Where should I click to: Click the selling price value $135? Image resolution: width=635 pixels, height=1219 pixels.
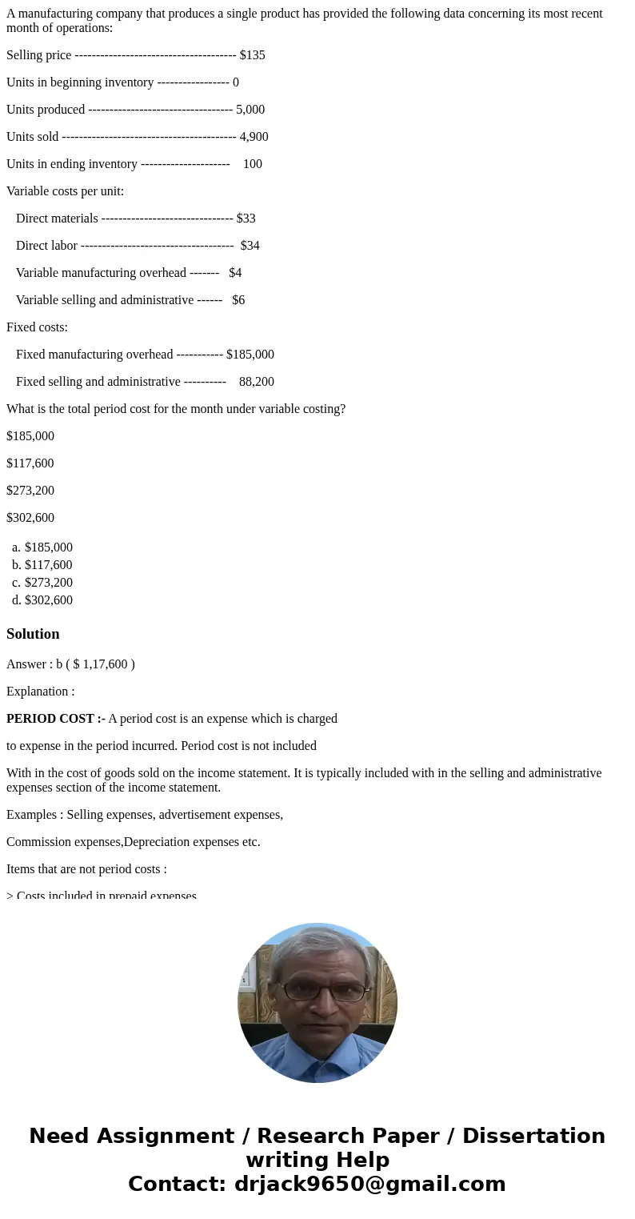point(252,55)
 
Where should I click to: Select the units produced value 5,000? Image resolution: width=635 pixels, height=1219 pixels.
point(250,110)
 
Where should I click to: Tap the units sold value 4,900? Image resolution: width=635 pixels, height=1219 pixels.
point(254,137)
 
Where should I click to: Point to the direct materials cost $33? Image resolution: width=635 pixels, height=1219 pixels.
point(246,219)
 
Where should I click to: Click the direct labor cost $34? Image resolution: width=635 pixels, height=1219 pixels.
point(250,246)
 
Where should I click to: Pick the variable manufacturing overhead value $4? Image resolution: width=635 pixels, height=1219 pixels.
point(235,273)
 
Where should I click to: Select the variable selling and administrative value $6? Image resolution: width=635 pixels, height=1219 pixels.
point(238,300)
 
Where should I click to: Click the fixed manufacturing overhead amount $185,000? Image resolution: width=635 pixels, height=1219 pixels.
point(250,355)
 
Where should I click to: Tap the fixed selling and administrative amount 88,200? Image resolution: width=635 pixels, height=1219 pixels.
point(256,382)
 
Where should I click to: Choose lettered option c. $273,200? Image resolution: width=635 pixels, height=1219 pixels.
point(48,583)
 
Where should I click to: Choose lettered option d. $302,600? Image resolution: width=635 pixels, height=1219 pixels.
point(48,600)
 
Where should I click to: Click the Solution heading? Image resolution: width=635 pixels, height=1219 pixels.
point(33,634)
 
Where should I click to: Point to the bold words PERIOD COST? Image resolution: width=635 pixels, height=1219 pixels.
point(51,719)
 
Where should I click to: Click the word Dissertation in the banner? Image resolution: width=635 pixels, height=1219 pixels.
point(533,1137)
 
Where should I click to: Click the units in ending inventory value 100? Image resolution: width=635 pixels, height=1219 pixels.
point(252,164)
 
